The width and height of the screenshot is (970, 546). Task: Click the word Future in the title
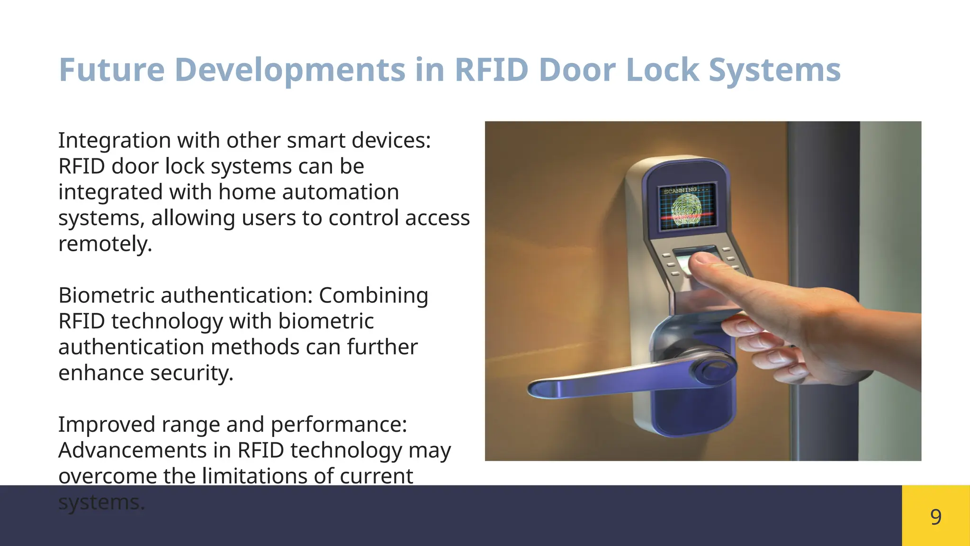pos(111,70)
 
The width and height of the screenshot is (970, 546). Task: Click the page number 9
pos(935,517)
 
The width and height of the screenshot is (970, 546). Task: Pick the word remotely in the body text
pos(105,244)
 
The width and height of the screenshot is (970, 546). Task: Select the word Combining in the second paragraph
pos(373,295)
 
